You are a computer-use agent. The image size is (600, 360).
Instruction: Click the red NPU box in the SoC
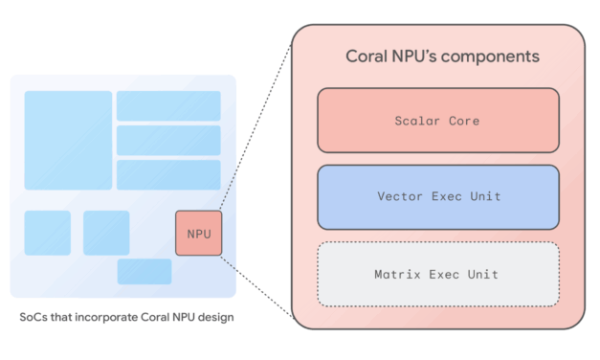pos(199,233)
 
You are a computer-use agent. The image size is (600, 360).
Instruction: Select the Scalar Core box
pos(437,121)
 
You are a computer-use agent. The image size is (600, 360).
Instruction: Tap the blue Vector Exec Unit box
pos(437,197)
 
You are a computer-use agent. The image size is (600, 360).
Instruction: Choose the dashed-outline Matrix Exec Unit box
pos(437,274)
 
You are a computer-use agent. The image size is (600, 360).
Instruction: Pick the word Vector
pos(399,197)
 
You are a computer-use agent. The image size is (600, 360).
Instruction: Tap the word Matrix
pos(396,275)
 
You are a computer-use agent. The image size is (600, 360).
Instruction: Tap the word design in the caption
pos(214,316)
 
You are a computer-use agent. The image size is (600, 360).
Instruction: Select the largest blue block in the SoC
pos(68,140)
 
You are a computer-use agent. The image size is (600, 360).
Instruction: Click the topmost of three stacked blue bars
pos(168,105)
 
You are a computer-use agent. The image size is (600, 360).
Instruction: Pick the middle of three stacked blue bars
pos(168,140)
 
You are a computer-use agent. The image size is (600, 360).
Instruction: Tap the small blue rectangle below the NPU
pos(144,271)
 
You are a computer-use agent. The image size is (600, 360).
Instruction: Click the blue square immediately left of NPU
pos(106,233)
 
